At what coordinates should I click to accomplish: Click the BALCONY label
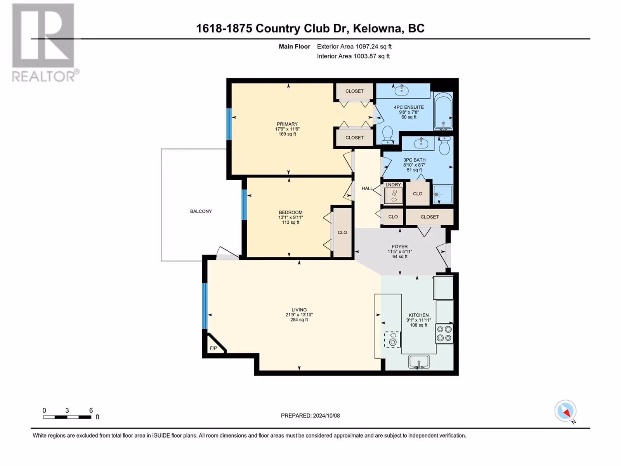[201, 211]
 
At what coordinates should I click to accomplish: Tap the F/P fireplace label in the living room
[213, 348]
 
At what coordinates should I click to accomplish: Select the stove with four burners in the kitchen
[444, 334]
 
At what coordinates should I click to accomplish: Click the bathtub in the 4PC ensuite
[443, 111]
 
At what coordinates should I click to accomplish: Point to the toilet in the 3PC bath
[445, 146]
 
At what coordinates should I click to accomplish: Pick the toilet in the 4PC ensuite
[388, 135]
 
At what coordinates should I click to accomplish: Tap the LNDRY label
[393, 185]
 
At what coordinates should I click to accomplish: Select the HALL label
[367, 188]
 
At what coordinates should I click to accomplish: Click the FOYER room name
[400, 247]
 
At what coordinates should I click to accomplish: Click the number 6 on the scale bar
[91, 410]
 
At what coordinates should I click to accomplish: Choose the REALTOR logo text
[44, 76]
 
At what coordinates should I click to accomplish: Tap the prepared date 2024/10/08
[326, 416]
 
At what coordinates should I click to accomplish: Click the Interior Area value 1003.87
[365, 56]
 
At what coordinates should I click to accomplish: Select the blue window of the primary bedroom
[229, 124]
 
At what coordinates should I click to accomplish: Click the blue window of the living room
[205, 306]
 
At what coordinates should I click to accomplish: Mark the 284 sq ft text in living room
[299, 320]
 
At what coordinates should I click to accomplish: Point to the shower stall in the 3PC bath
[443, 194]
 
